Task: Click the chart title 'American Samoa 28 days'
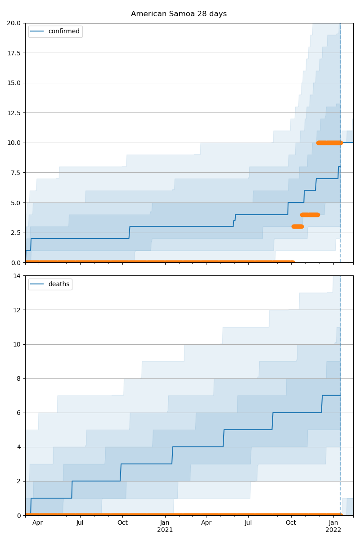tap(179, 14)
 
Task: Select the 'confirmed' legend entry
tap(63, 31)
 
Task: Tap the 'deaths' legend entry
tap(58, 284)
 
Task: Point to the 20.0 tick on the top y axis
tap(15, 23)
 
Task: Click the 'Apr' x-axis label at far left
tap(38, 523)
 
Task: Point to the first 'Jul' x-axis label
tap(80, 523)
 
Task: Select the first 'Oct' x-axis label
tap(122, 523)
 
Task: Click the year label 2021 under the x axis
tap(165, 530)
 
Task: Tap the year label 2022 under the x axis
tap(333, 530)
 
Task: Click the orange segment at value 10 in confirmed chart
tap(329, 143)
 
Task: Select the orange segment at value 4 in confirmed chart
tap(310, 215)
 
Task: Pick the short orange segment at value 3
tap(297, 226)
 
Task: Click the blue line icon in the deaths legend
tap(38, 284)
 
